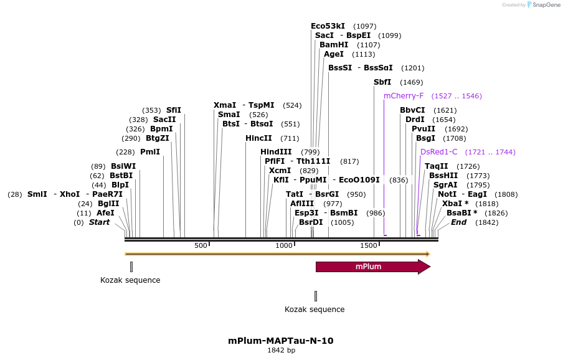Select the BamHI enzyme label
(334, 45)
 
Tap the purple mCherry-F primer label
(404, 96)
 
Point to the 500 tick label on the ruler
(201, 246)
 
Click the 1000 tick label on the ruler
(284, 246)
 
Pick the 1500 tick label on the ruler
(367, 246)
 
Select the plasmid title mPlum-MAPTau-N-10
(281, 341)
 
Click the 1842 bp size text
(281, 351)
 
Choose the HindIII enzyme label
(276, 152)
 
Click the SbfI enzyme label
(382, 82)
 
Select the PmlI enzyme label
(150, 152)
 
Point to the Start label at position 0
(99, 222)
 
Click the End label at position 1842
(458, 222)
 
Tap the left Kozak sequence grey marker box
(131, 267)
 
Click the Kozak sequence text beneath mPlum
(315, 310)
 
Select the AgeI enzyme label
(333, 54)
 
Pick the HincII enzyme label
(258, 138)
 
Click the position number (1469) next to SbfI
(412, 82)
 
